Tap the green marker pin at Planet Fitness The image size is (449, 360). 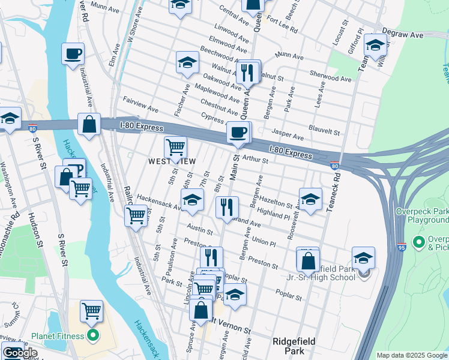point(92,335)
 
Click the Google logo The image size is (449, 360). point(20,353)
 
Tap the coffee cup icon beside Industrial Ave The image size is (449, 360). point(73,54)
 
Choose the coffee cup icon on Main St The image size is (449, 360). point(238,133)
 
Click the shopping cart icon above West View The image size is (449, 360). point(175,147)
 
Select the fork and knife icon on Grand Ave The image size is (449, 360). point(227,207)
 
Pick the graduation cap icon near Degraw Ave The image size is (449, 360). point(375,45)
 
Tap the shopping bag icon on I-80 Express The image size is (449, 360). point(89,125)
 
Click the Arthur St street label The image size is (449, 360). point(255,158)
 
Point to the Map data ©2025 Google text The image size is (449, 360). point(411,355)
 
